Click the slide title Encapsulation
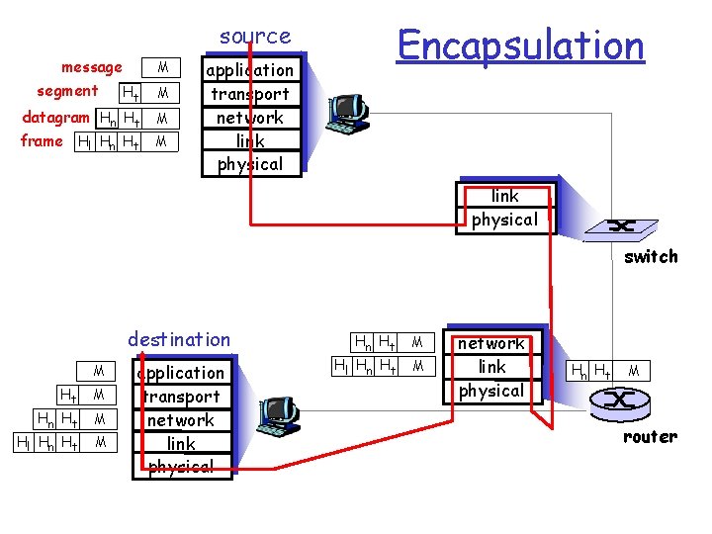(520, 45)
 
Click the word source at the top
(255, 37)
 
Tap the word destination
(179, 339)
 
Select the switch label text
(651, 256)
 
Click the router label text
(650, 436)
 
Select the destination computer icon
(277, 418)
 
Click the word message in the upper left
(92, 67)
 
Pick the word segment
(67, 91)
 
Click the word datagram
(55, 117)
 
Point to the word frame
(42, 140)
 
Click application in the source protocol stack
(249, 70)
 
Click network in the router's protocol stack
(491, 343)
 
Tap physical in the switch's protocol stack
(504, 220)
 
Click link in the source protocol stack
(249, 140)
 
